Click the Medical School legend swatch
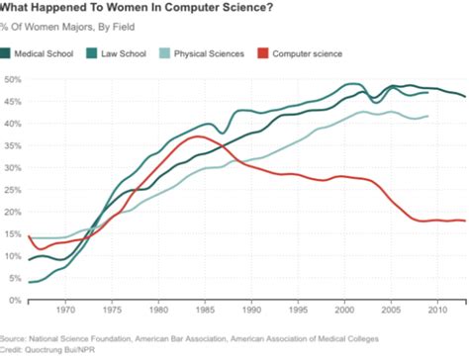coord(10,52)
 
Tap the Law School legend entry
coord(125,52)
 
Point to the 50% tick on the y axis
coord(13,79)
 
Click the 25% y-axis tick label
coord(13,190)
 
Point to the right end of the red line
coord(466,221)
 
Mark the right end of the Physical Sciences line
coord(428,116)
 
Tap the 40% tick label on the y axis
coord(13,124)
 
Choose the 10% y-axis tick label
coord(13,256)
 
